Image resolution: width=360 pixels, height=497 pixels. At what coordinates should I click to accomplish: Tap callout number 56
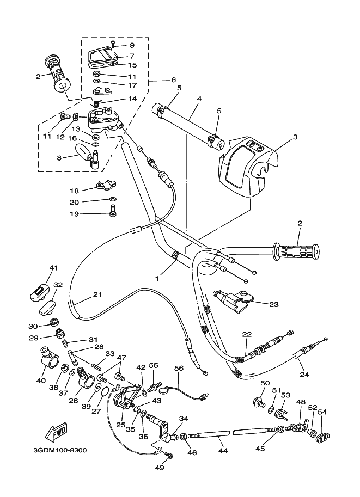click(x=179, y=368)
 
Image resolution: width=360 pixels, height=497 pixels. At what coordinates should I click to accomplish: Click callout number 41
click(x=53, y=268)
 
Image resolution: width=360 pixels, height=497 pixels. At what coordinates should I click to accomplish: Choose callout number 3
click(x=295, y=137)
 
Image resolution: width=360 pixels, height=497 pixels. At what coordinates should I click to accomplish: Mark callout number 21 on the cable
click(x=97, y=294)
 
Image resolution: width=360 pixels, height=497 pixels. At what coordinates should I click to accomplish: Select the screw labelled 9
click(x=112, y=42)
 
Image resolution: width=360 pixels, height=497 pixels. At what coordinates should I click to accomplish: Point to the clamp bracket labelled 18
click(x=105, y=186)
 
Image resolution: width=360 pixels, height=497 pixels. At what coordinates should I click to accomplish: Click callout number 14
click(x=132, y=99)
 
